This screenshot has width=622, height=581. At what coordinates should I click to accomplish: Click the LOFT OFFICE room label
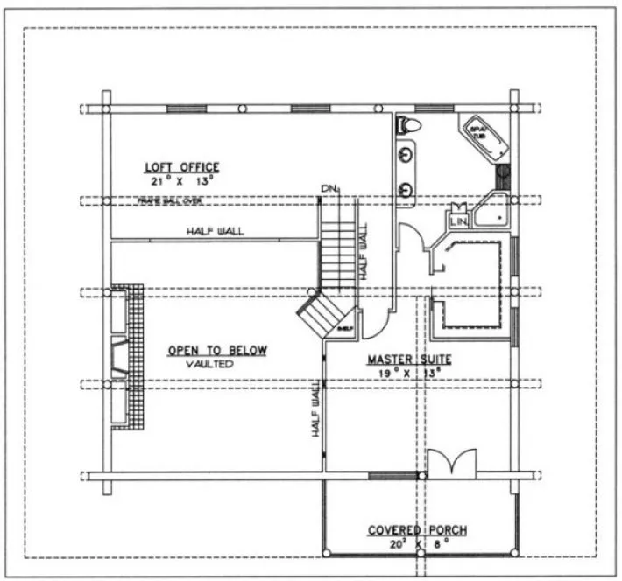pyautogui.click(x=181, y=166)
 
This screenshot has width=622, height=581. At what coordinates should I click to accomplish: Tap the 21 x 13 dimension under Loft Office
pyautogui.click(x=181, y=180)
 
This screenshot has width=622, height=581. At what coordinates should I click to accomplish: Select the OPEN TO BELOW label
pyautogui.click(x=217, y=351)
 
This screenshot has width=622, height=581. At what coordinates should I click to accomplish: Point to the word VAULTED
pyautogui.click(x=209, y=364)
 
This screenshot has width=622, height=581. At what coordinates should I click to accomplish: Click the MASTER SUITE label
pyautogui.click(x=404, y=359)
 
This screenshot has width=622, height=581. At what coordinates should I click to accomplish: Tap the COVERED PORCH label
pyautogui.click(x=416, y=530)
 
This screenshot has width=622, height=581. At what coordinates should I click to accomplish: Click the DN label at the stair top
pyautogui.click(x=329, y=189)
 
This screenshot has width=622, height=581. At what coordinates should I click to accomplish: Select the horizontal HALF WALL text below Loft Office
pyautogui.click(x=215, y=231)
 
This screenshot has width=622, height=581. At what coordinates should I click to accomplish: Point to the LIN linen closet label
pyautogui.click(x=459, y=222)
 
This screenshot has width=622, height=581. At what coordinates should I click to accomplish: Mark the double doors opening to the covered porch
pyautogui.click(x=452, y=462)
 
